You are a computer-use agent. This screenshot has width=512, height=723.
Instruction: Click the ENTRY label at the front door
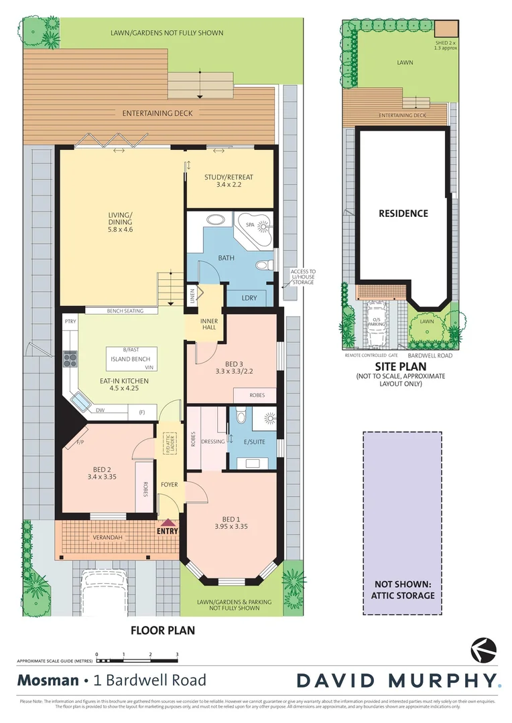pyautogui.click(x=168, y=531)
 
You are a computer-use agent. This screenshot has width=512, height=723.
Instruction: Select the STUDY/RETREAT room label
pyautogui.click(x=229, y=181)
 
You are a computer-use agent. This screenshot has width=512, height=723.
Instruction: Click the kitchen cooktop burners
pyautogui.click(x=70, y=359)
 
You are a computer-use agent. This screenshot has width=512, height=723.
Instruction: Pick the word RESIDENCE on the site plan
pyautogui.click(x=403, y=214)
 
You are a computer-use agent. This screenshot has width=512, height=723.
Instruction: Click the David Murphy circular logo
pyautogui.click(x=484, y=649)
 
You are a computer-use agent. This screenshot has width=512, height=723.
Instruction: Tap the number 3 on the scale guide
pyautogui.click(x=177, y=654)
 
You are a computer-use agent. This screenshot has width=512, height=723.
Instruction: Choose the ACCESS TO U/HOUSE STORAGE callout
pyautogui.click(x=303, y=277)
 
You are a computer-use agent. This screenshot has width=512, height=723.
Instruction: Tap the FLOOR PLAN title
pyautogui.click(x=162, y=631)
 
